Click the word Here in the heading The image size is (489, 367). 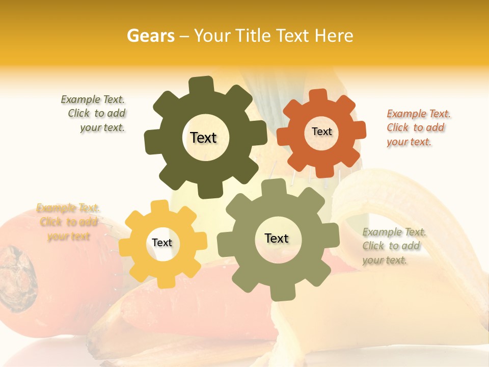[x=334, y=36]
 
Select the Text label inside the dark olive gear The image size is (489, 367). [x=203, y=138]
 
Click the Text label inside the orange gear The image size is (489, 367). [x=321, y=132]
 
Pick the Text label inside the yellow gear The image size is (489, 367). [x=162, y=243]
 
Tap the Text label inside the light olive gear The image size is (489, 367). [x=277, y=238]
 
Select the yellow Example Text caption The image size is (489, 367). [x=68, y=222]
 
